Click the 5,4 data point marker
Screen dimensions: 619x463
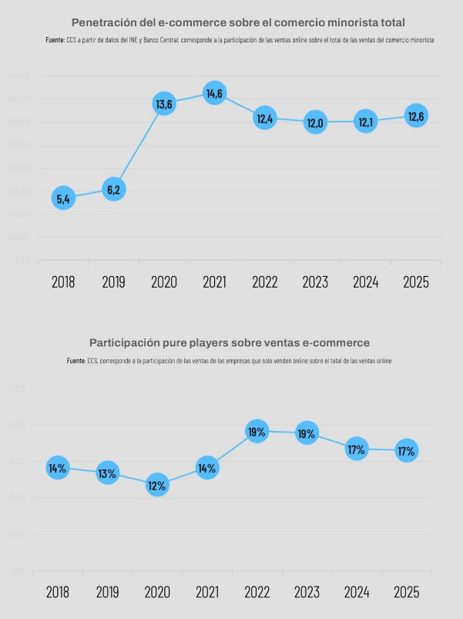click(x=63, y=199)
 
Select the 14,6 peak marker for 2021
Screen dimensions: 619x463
click(x=214, y=93)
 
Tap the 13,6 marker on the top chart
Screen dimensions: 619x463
click(x=164, y=103)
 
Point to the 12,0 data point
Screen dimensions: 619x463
click(x=315, y=122)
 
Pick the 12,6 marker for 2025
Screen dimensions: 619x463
click(x=416, y=116)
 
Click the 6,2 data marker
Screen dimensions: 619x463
click(x=113, y=189)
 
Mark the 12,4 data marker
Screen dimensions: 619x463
click(x=265, y=118)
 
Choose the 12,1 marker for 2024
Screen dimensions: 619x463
click(x=366, y=122)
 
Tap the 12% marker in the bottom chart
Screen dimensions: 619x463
click(x=157, y=486)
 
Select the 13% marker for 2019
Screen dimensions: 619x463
click(x=107, y=473)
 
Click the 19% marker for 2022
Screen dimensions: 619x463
click(x=257, y=432)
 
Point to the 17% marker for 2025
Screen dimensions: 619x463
click(x=407, y=450)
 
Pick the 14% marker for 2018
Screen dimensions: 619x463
click(x=57, y=467)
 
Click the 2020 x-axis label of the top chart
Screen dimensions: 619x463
click(x=164, y=282)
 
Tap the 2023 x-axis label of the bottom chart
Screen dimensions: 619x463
click(x=307, y=592)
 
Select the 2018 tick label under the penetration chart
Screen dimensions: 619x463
click(x=63, y=282)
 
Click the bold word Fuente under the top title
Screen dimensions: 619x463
click(x=55, y=39)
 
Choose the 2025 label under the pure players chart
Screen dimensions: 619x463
click(x=407, y=592)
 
